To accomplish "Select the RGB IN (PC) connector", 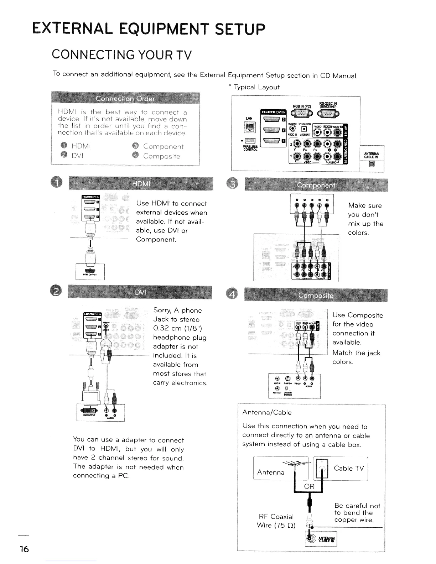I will pos(302,113).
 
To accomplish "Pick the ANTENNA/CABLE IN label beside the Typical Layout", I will pos(372,155).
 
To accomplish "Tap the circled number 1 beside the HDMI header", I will pos(59,183).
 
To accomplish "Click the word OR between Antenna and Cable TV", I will pos(309,486).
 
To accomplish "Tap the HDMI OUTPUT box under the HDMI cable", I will pos(90,271).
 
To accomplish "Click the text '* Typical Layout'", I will pos(254,87).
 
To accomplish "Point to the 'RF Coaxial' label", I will pos(276,517).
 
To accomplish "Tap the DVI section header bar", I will pos(140,293).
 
